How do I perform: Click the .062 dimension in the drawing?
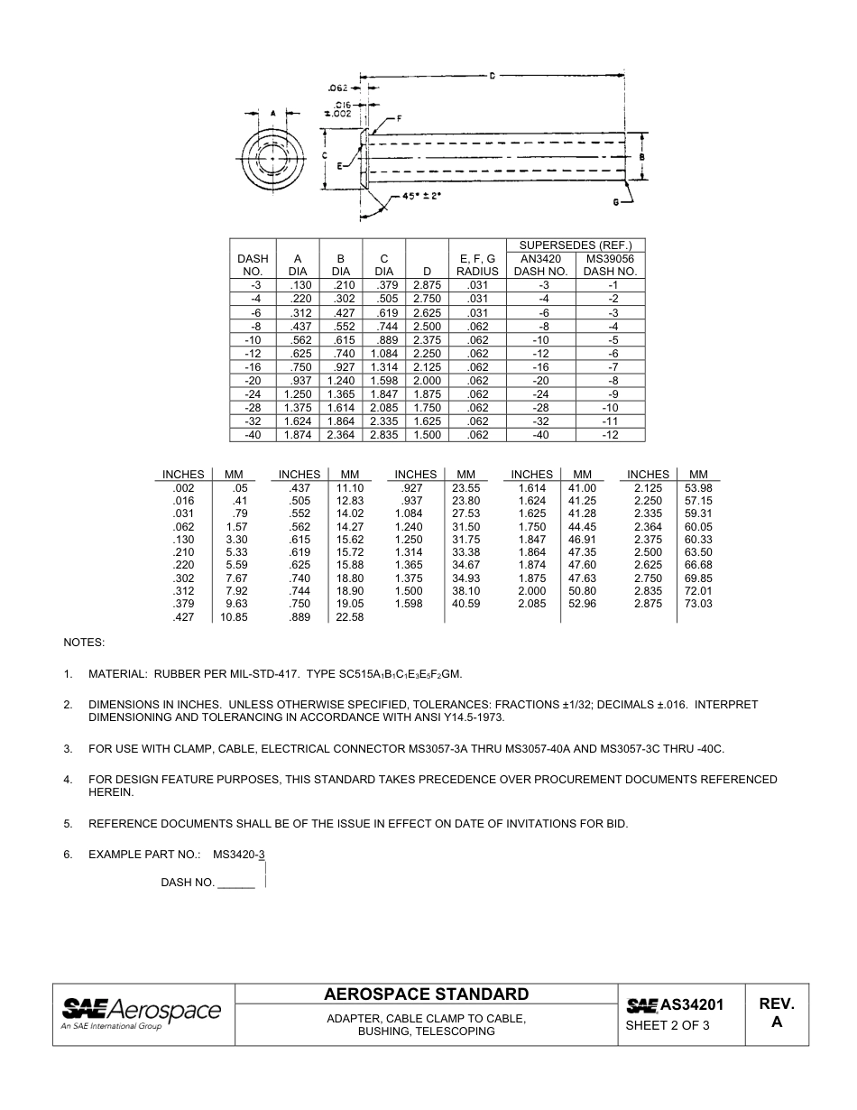337,88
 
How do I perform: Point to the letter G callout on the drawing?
616,202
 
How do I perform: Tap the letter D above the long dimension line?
492,77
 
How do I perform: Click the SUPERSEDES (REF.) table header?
576,245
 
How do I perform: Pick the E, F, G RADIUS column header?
477,264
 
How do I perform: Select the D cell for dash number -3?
427,285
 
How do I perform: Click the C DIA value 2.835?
384,435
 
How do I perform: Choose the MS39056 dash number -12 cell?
611,435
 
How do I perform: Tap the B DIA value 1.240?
341,381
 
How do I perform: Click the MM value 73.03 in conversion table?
698,604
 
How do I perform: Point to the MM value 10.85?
234,617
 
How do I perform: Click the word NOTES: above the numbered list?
84,643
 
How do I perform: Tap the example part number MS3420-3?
238,854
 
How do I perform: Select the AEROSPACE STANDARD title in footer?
426,994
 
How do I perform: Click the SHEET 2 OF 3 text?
667,1025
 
